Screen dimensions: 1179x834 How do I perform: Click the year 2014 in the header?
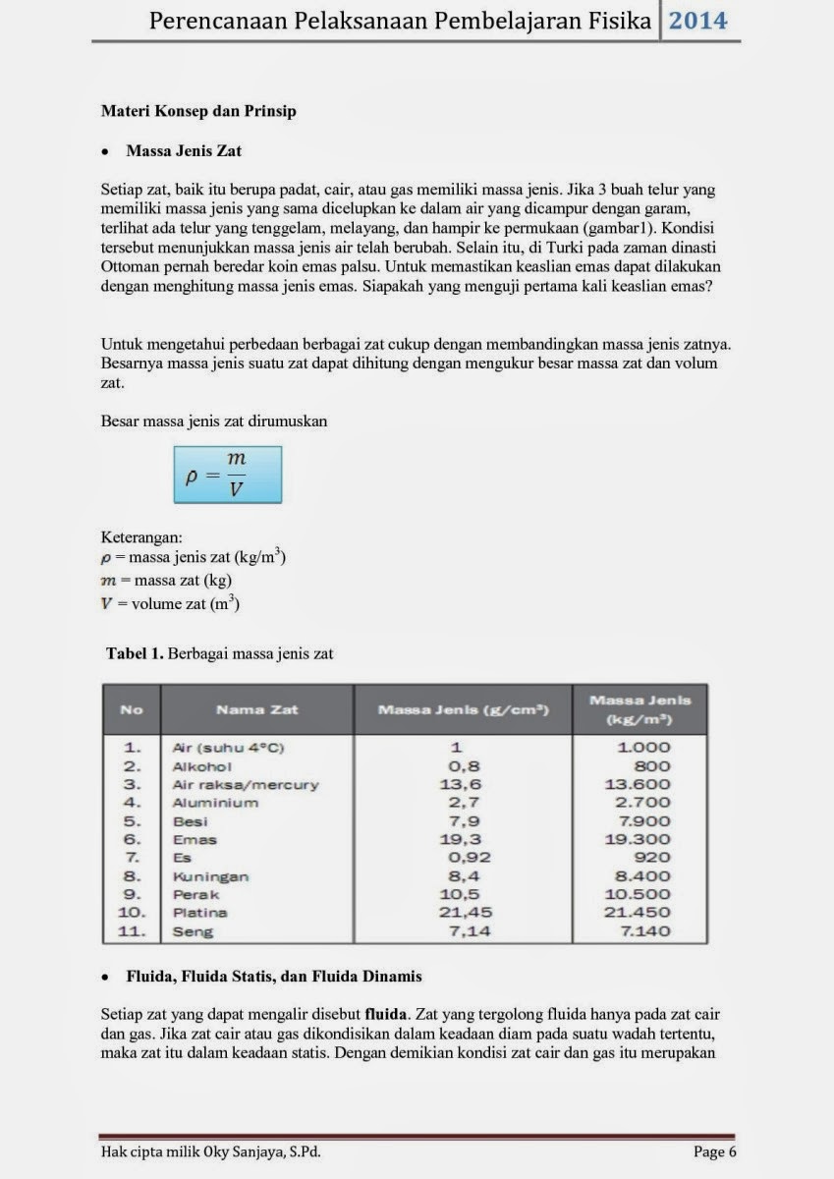698,22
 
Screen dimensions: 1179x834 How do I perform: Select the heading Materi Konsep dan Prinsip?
198,111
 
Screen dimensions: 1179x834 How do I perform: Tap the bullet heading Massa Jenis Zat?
184,151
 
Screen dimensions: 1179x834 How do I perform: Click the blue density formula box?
228,475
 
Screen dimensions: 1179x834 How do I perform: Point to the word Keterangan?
140,537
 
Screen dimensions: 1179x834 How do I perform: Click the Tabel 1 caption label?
136,653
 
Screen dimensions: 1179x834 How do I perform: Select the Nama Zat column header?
256,709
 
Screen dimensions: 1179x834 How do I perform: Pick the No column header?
132,709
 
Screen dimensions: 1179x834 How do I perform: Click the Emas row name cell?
195,840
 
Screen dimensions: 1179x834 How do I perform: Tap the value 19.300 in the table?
638,839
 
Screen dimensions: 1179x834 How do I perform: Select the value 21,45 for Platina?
467,913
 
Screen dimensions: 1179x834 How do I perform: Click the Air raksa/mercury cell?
245,785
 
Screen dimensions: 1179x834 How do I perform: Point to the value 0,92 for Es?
470,858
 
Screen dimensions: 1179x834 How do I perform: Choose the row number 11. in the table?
133,931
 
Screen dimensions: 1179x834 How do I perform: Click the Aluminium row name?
215,803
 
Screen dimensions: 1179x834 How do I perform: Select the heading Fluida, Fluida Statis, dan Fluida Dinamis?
274,977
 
